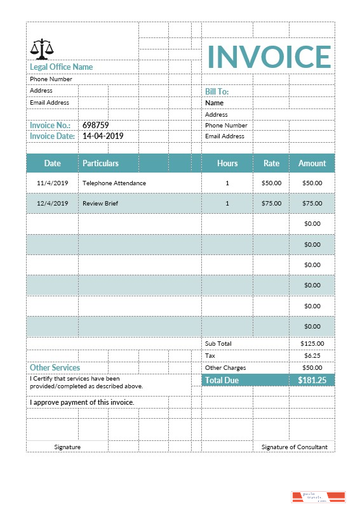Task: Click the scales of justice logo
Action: click(x=42, y=48)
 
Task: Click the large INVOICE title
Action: click(x=269, y=56)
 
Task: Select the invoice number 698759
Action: click(x=96, y=126)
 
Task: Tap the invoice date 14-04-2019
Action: click(x=103, y=136)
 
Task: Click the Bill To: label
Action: click(x=217, y=92)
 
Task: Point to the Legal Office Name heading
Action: click(x=61, y=67)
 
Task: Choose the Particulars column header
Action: click(x=100, y=163)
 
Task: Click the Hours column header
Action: click(x=227, y=163)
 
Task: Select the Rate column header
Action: click(x=271, y=163)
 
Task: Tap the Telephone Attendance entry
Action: click(x=114, y=183)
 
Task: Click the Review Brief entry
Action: click(x=100, y=204)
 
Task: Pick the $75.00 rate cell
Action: click(x=271, y=204)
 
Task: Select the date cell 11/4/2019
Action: click(x=52, y=183)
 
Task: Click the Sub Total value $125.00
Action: click(x=312, y=343)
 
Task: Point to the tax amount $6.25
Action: click(x=312, y=355)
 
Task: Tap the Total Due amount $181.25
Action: click(x=312, y=380)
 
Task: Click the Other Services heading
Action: click(x=55, y=367)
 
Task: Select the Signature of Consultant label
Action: click(x=294, y=447)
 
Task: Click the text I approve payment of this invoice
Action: click(x=82, y=402)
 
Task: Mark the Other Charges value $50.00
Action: click(x=312, y=367)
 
